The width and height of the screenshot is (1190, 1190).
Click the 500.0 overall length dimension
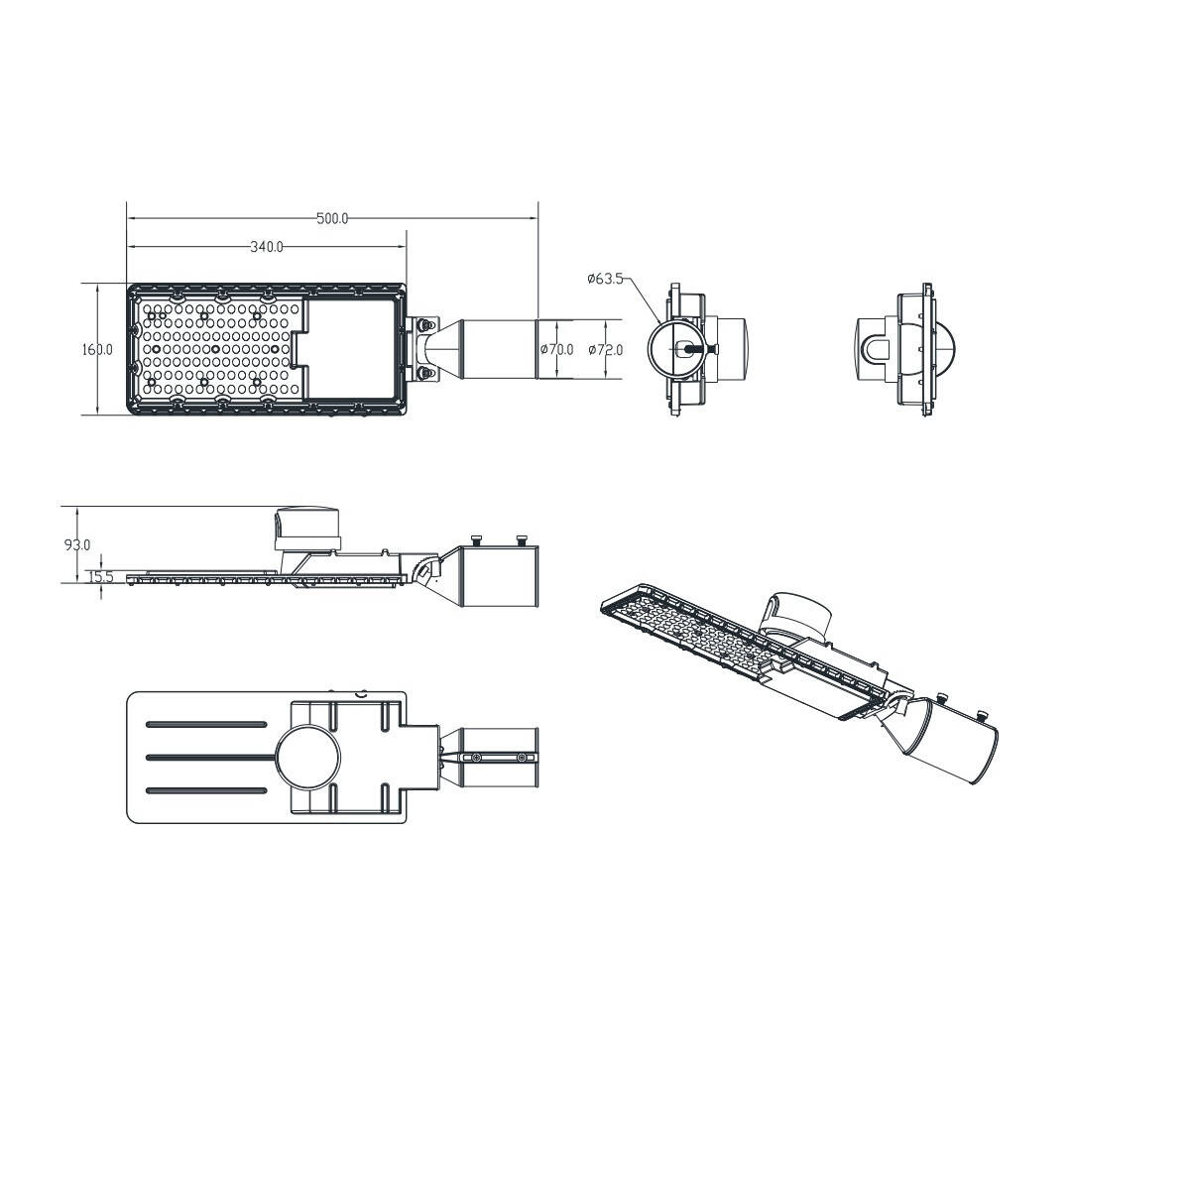(x=332, y=218)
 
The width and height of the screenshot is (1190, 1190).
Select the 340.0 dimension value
(x=266, y=247)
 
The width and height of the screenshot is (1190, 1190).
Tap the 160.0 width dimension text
(x=97, y=349)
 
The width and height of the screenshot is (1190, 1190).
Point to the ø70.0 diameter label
(x=557, y=349)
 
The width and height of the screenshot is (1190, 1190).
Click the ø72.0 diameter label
(x=605, y=349)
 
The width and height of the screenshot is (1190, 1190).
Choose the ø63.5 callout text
(x=605, y=279)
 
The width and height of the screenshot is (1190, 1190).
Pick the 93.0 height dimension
(x=77, y=544)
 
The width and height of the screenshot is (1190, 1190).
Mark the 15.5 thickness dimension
(x=101, y=577)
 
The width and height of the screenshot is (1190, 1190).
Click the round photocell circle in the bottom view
(x=307, y=758)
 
